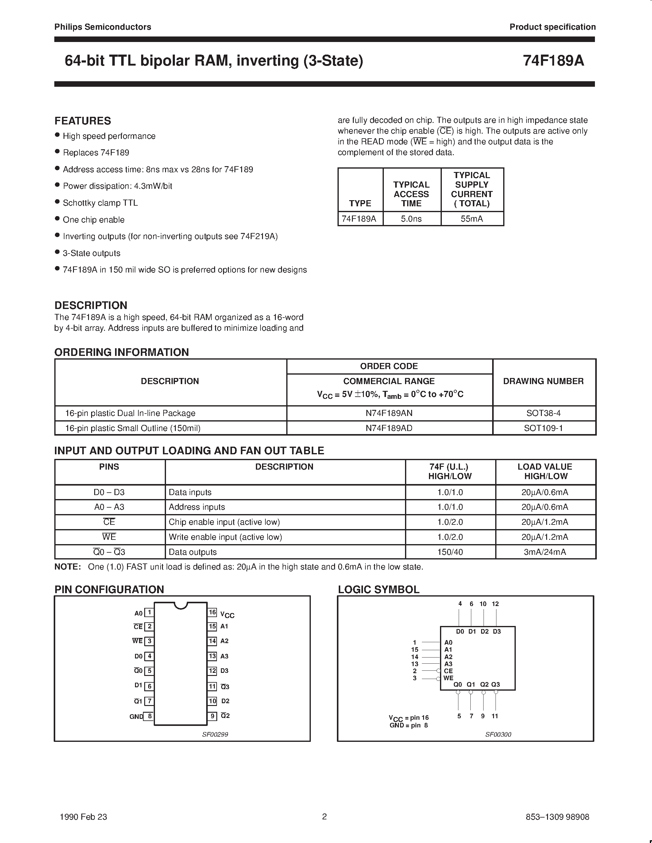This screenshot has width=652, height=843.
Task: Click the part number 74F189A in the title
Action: [x=553, y=61]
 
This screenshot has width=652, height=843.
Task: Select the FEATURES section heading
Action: [x=83, y=121]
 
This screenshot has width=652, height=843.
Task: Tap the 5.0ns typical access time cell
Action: [x=411, y=219]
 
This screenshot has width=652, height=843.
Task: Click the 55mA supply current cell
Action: [x=472, y=219]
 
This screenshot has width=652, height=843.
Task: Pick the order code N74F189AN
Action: [x=389, y=413]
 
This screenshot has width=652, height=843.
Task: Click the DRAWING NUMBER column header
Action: [x=543, y=381]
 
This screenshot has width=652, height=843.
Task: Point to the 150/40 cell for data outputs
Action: [x=450, y=552]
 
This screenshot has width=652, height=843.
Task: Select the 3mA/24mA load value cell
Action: [x=545, y=552]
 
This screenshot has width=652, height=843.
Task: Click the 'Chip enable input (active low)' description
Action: [x=224, y=522]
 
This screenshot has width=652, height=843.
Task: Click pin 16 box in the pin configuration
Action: [x=212, y=612]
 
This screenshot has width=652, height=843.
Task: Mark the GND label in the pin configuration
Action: [x=136, y=717]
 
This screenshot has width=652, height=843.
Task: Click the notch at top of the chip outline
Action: [x=180, y=605]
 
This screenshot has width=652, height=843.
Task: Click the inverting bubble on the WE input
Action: [x=438, y=678]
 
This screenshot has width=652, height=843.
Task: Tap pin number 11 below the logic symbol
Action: [x=495, y=716]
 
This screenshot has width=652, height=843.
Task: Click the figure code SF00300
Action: [x=498, y=734]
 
